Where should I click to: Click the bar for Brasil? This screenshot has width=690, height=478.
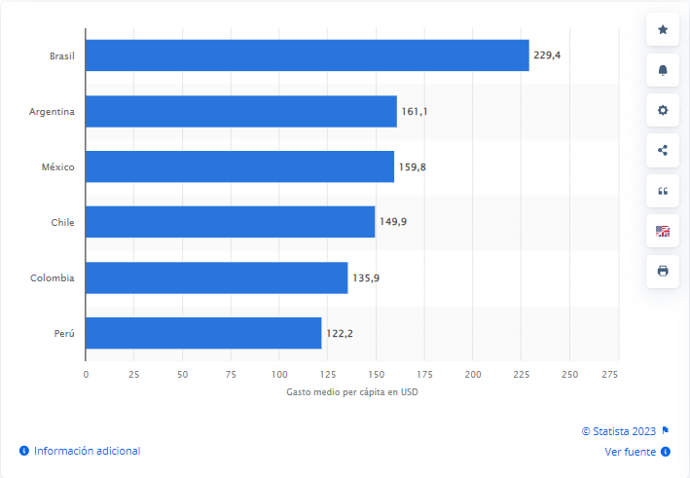(307, 55)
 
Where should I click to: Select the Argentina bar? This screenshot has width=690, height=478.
(240, 111)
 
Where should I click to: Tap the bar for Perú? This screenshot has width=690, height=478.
(202, 333)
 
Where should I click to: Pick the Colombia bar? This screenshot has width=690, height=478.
(216, 277)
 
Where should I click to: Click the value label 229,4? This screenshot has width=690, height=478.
(547, 55)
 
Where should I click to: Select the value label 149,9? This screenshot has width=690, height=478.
(393, 222)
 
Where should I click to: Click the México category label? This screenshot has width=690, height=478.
(57, 166)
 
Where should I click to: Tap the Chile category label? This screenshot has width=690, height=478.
(62, 222)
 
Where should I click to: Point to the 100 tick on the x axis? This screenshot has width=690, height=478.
(279, 374)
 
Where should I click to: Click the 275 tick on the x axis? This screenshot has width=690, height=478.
(610, 374)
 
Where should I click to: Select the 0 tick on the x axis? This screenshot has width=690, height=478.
(86, 374)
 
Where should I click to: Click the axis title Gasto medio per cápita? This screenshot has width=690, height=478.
(351, 392)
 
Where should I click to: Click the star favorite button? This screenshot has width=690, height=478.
(663, 30)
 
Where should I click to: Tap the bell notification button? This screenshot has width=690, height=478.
(663, 70)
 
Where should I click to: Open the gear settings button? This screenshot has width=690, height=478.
(663, 110)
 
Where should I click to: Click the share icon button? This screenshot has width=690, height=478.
(663, 150)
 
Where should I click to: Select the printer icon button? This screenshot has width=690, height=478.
(663, 270)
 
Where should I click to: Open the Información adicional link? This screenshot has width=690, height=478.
(87, 451)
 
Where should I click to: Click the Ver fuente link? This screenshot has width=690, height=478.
(631, 451)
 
